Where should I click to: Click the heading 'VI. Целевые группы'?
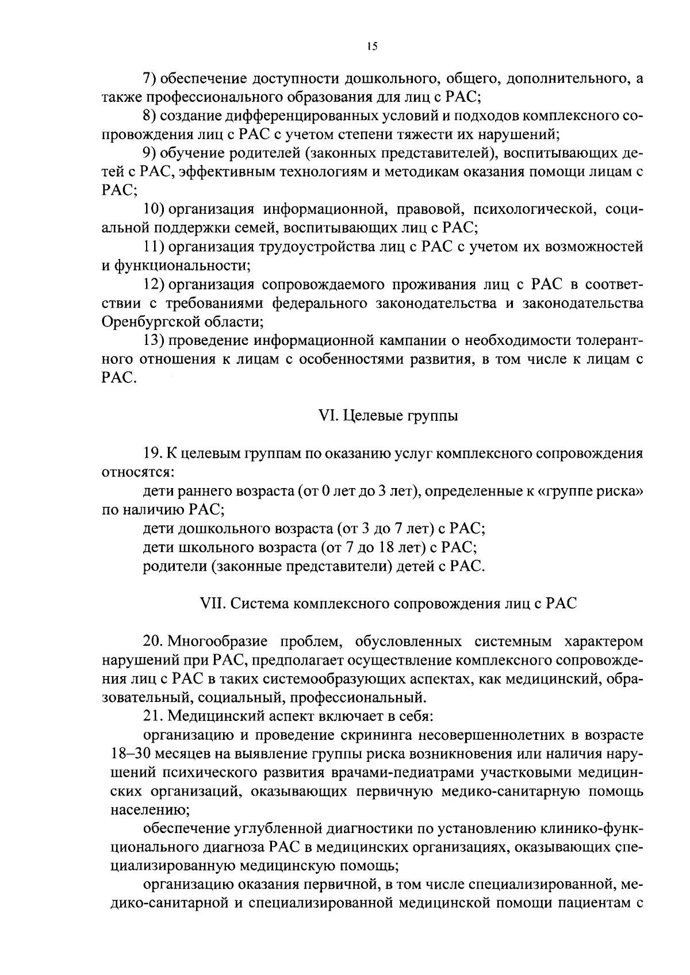388,416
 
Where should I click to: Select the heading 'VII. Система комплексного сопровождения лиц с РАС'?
388,604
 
